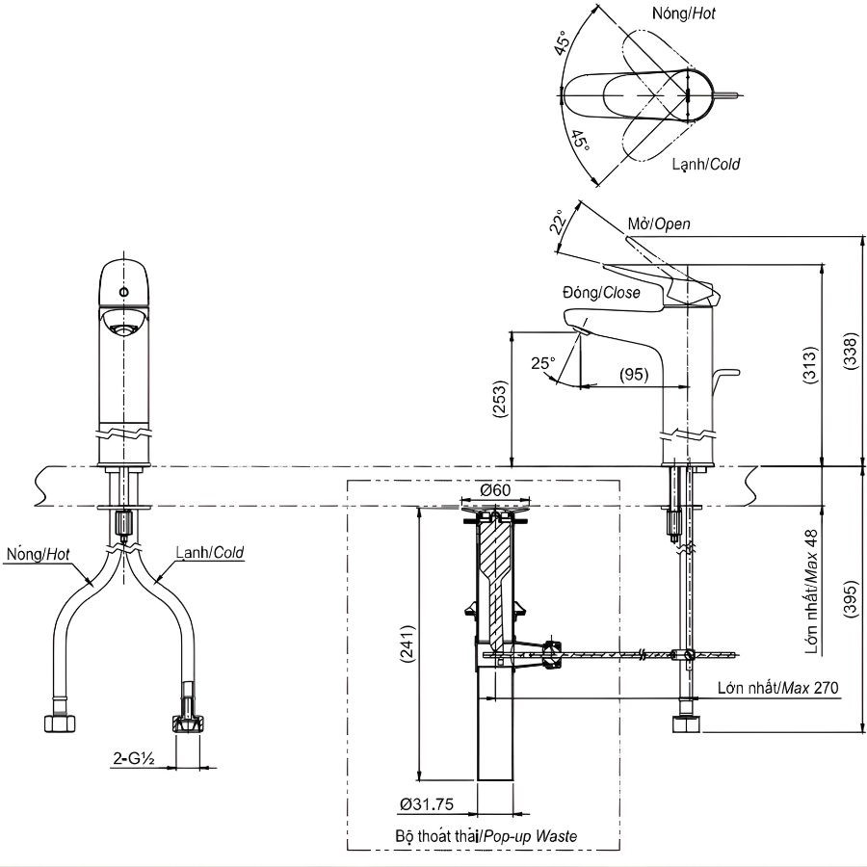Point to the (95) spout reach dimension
coord(633,373)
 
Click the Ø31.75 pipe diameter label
coord(427,803)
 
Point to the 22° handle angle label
coord(558,223)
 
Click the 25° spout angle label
coord(542,363)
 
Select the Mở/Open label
coord(659,223)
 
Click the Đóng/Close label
coord(601,293)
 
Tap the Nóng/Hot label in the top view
coord(683,13)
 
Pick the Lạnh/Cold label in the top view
coord(705,164)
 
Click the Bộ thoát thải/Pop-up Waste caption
coord(486,835)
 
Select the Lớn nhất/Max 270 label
coord(778,688)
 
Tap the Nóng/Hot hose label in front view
coord(38,554)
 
